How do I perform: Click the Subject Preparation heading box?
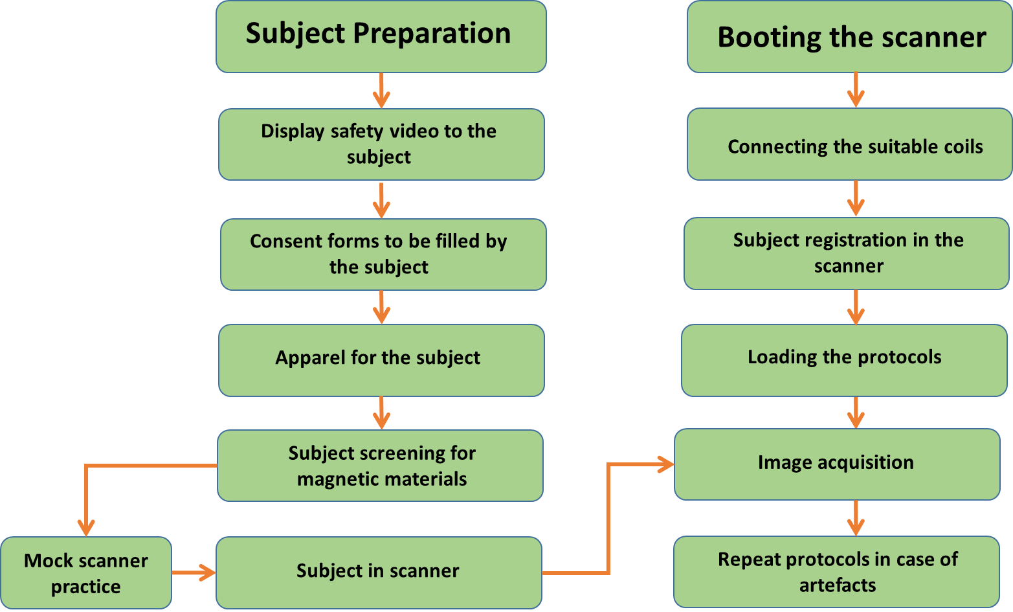point(381,36)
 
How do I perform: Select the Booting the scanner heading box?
point(849,36)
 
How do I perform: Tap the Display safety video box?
point(381,144)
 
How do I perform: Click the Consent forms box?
point(383,255)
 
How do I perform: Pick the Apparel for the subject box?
point(381,360)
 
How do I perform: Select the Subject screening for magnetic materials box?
point(380,466)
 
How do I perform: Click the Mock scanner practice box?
point(86,572)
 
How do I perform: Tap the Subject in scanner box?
point(379,572)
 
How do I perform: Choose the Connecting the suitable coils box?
point(849,144)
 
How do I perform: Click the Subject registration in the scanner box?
point(846,253)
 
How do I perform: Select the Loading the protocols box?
point(844,360)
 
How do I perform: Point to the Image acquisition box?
point(837,464)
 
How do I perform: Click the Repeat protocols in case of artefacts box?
point(836,572)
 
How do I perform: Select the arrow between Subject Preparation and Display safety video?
point(381,91)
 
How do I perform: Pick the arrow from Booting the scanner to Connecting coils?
point(856,90)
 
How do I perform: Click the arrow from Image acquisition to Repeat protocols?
point(856,518)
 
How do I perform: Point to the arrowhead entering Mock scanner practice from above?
point(86,527)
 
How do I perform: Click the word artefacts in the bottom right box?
point(837,585)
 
